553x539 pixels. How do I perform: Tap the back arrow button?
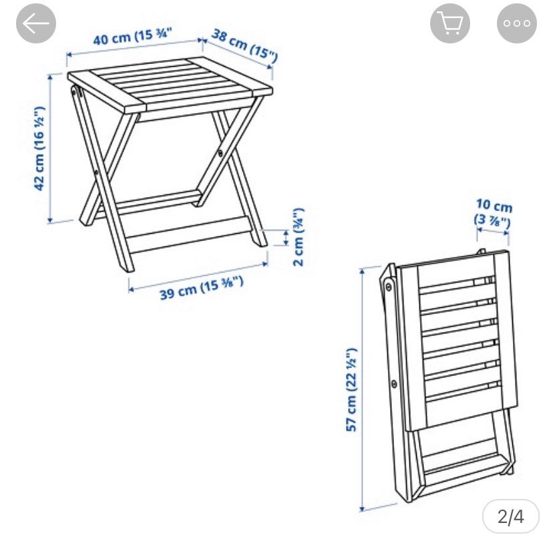coord(36,24)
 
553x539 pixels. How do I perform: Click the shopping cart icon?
coord(450,24)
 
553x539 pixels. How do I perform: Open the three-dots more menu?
coord(516,24)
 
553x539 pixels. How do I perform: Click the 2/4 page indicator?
coord(511,516)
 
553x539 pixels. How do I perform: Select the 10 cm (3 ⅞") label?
coord(494,212)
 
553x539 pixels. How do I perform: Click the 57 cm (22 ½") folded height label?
coord(352,389)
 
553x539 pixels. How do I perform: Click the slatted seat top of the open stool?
coord(170,87)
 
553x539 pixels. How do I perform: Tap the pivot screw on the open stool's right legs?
coord(221,154)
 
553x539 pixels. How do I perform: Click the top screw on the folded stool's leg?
coord(388,288)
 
